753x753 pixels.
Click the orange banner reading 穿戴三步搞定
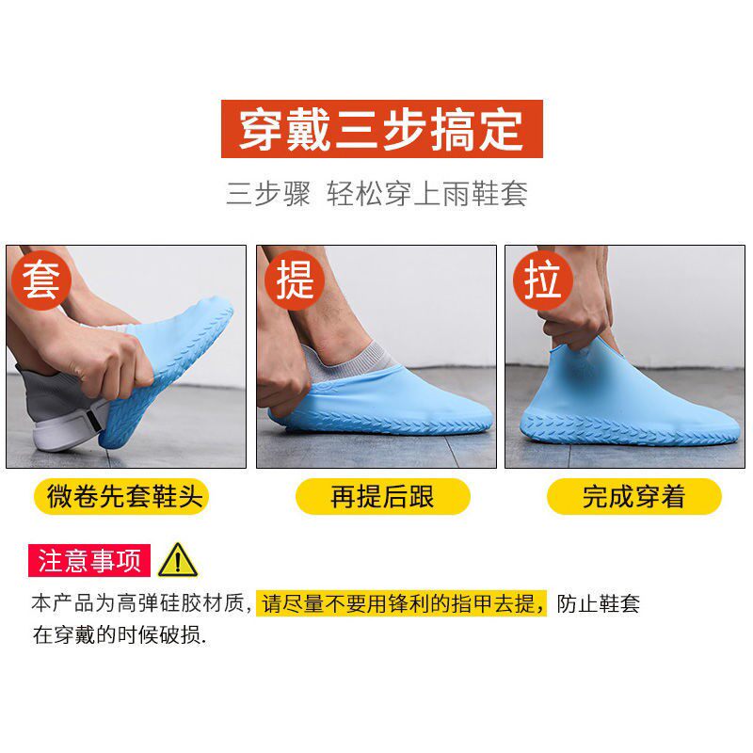382,129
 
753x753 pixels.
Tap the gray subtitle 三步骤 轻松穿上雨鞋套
377,194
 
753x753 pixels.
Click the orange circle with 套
41,280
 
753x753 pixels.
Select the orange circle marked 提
295,280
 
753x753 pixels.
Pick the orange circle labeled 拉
543,280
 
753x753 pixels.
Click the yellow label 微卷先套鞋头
121,496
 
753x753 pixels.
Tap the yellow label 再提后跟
383,496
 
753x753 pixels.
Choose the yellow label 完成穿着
633,496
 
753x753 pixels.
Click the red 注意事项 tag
89,560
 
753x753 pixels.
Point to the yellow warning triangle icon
178,561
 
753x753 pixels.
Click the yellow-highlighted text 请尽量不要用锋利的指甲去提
401,603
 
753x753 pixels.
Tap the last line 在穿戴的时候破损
120,634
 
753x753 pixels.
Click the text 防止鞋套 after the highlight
599,603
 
